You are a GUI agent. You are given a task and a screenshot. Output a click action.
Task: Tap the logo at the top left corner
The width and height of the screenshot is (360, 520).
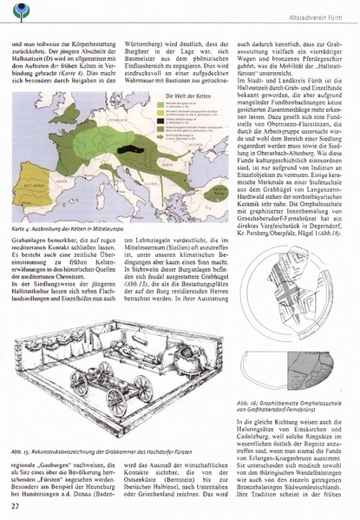click(17, 11)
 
